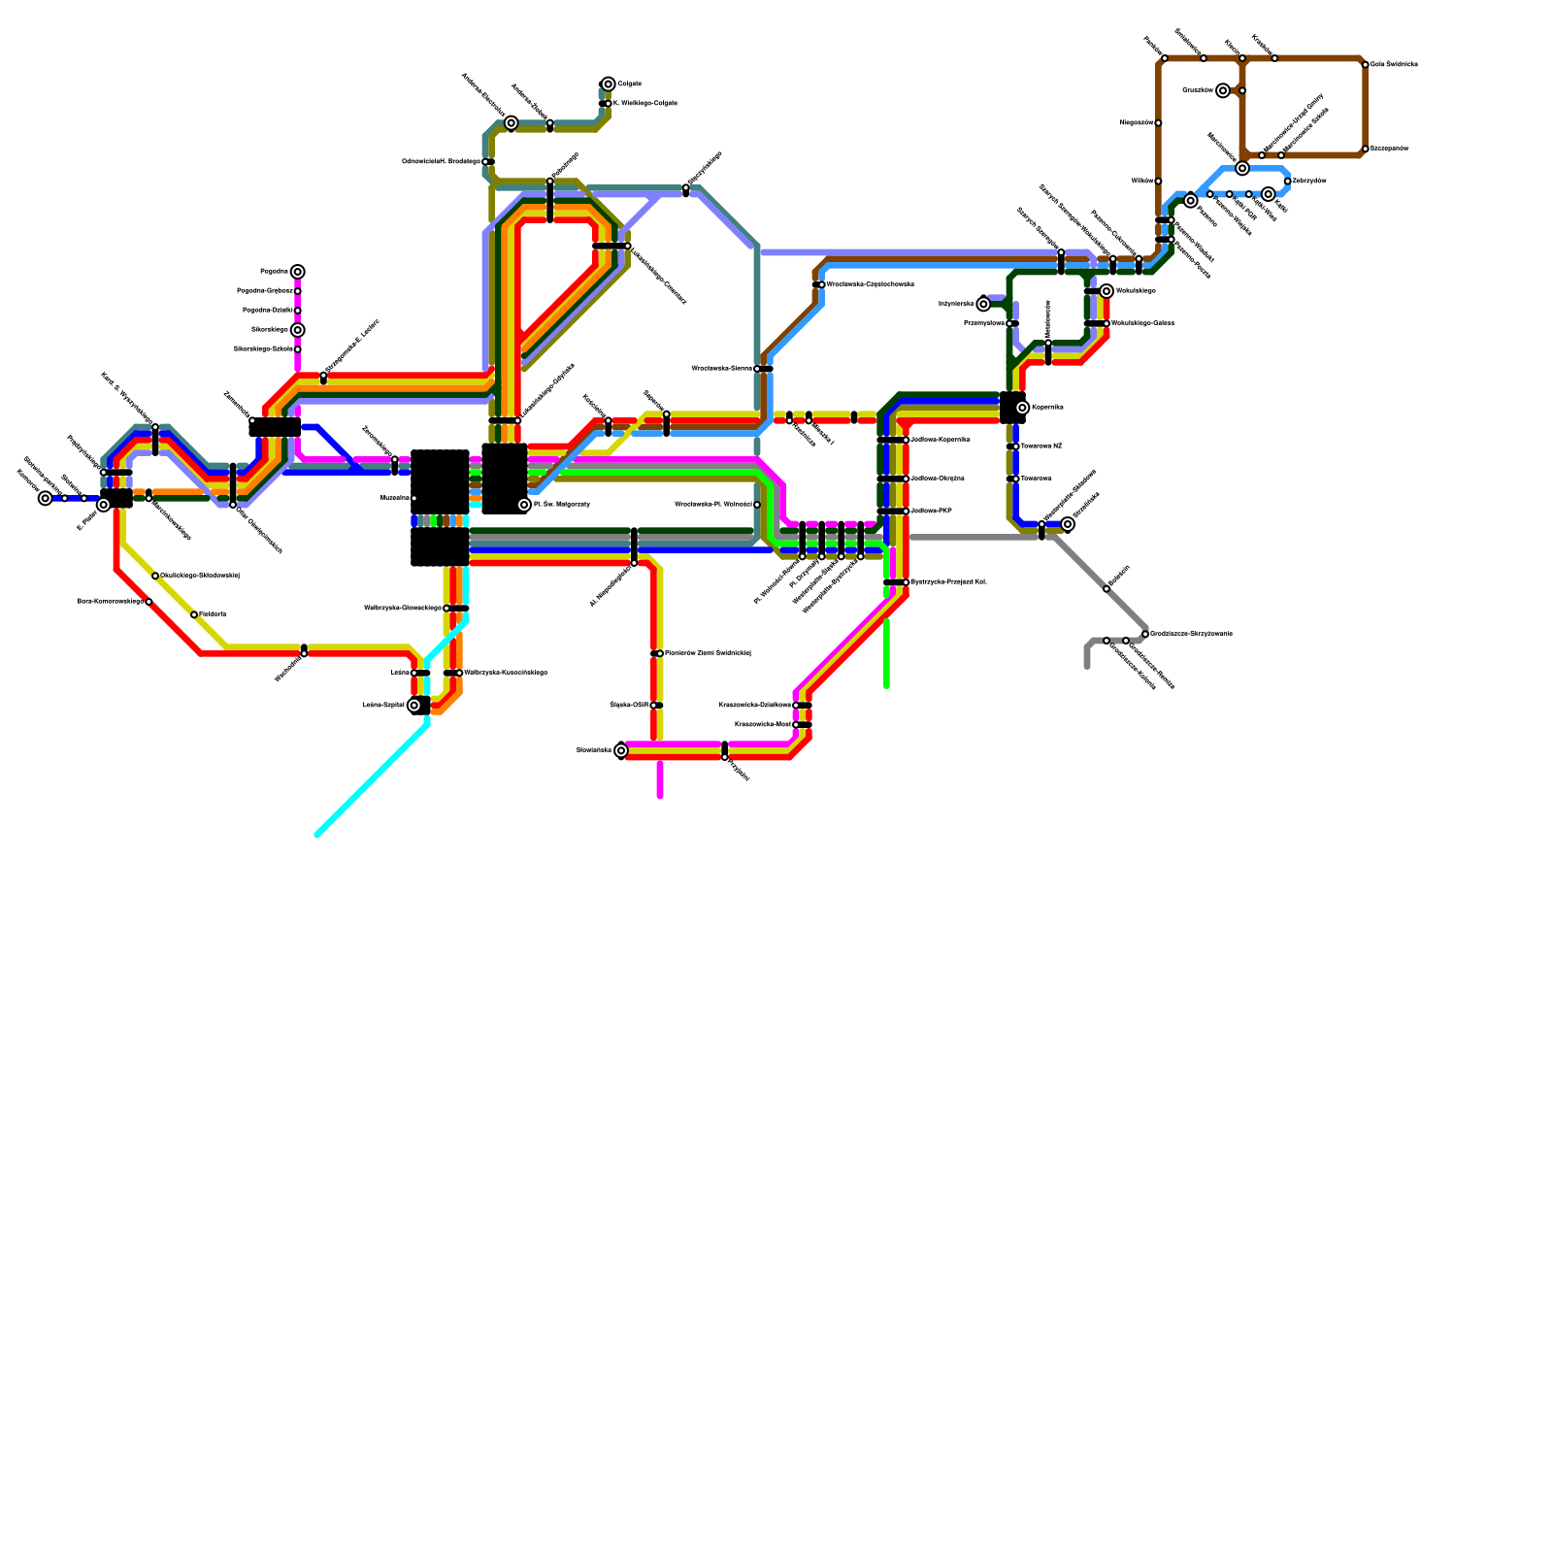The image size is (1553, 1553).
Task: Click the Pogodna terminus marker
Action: [x=298, y=272]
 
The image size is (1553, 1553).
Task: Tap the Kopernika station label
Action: [x=1047, y=408]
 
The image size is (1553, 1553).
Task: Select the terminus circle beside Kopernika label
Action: [x=1022, y=408]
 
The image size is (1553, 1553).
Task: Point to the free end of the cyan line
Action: [x=317, y=835]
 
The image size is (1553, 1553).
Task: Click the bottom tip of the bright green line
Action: [x=887, y=686]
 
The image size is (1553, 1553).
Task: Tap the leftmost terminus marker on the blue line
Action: [x=46, y=498]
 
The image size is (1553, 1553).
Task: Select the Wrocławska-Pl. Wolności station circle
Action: [x=757, y=505]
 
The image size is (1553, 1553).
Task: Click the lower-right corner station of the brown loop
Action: [x=1365, y=149]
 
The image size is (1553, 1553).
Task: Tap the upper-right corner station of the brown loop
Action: [x=1365, y=65]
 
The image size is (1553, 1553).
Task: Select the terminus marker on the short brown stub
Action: [x=1223, y=90]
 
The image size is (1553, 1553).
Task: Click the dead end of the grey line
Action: [x=1087, y=666]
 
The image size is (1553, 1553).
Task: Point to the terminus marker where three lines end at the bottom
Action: [x=621, y=750]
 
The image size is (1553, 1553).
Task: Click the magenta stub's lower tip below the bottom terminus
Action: [x=660, y=796]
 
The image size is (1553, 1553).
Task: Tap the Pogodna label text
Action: [x=274, y=272]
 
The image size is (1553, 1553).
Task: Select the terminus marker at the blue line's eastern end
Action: [x=1068, y=524]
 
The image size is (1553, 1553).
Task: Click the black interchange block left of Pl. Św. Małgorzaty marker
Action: [x=505, y=479]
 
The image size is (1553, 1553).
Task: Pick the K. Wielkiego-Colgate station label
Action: [x=644, y=104]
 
